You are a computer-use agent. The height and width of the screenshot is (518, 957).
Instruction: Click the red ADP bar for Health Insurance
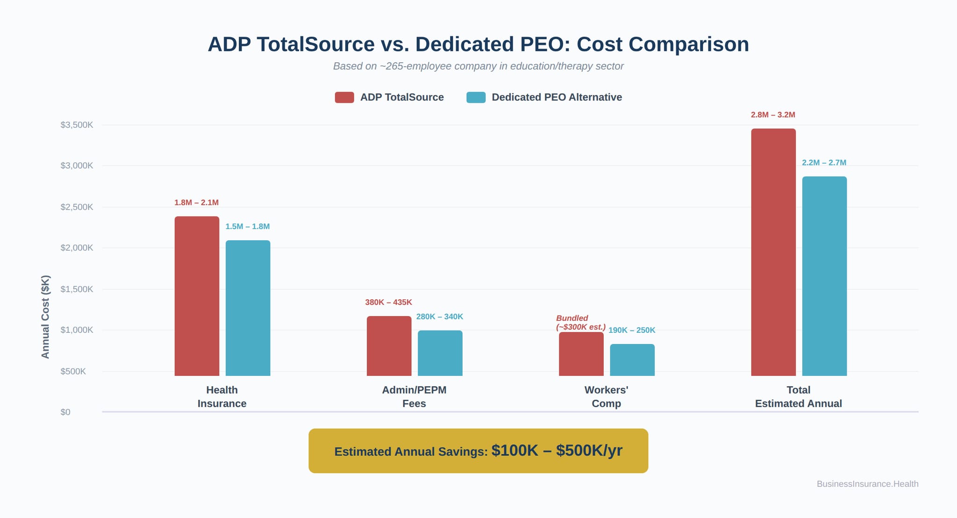coord(197,295)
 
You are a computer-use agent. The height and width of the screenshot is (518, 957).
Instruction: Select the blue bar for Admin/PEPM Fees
coord(440,353)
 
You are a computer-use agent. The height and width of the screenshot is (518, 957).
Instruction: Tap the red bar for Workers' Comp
coord(581,354)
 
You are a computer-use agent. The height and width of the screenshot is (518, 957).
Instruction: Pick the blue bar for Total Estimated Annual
coord(824,276)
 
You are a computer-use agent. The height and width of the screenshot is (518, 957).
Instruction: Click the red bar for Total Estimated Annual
coord(773,252)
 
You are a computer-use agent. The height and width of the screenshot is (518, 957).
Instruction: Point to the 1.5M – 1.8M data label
coord(247,227)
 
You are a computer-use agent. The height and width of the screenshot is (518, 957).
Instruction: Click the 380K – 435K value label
coord(388,302)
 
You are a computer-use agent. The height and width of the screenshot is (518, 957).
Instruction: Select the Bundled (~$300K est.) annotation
coord(580,323)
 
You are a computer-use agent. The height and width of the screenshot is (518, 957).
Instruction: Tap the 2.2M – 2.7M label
coord(824,163)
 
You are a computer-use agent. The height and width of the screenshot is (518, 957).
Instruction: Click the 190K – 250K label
coord(632,331)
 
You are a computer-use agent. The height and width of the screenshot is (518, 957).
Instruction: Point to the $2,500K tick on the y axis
coord(77,207)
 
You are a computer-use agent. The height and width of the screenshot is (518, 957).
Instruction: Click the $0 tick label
coord(65,412)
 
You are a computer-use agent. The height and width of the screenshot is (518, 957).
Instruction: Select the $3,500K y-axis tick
coord(77,125)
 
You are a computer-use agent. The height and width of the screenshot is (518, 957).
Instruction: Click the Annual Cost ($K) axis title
coord(45,317)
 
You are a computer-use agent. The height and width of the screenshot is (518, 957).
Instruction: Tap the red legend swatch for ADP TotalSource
coord(344,97)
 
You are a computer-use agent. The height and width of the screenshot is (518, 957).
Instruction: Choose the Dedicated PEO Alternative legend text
coord(557,97)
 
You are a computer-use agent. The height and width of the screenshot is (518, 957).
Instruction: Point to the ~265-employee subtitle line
coord(478,66)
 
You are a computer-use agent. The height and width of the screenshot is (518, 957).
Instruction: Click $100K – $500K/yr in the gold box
coord(557,451)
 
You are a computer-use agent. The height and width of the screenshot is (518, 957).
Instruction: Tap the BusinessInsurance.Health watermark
coord(867,484)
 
